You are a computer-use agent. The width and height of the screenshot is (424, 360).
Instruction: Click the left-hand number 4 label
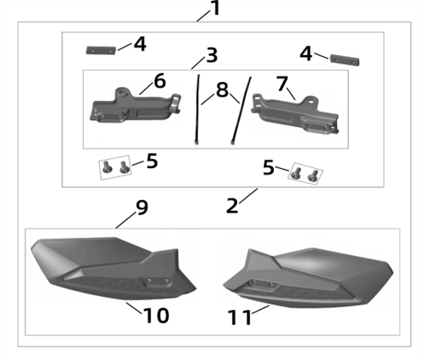pyautogui.click(x=140, y=43)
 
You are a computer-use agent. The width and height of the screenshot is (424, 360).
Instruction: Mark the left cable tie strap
pyautogui.click(x=198, y=111)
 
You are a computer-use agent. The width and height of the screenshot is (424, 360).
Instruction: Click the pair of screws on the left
pyautogui.click(x=115, y=167)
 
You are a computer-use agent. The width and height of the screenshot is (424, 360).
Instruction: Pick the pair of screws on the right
pyautogui.click(x=304, y=175)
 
